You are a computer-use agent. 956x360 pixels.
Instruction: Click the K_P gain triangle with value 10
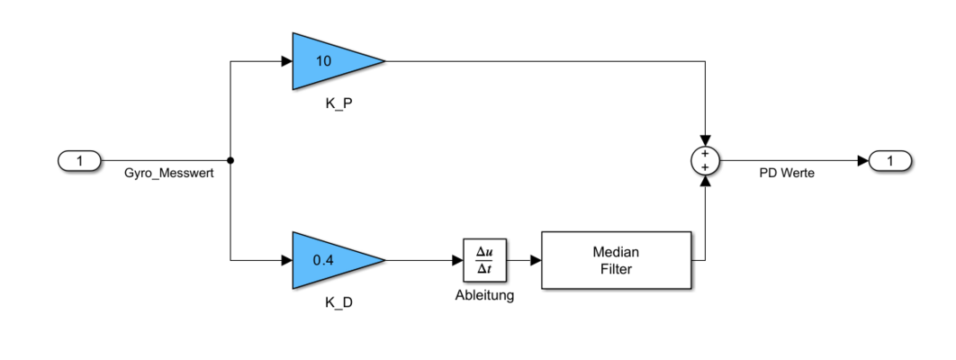[329, 61]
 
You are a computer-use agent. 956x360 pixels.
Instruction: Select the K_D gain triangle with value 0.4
[329, 260]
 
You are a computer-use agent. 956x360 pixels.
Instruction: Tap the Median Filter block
[616, 260]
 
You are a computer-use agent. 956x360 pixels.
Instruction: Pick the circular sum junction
[705, 161]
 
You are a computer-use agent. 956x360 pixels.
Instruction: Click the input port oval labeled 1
[80, 161]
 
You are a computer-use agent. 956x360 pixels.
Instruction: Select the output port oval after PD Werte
[889, 161]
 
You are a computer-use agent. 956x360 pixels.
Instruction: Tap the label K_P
[338, 103]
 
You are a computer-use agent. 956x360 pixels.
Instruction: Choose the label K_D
[338, 302]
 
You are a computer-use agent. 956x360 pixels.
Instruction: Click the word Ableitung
[484, 295]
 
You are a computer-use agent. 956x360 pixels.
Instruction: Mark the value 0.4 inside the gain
[322, 260]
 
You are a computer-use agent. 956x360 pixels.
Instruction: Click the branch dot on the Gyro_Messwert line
[231, 161]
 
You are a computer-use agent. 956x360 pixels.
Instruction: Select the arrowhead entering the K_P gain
[286, 61]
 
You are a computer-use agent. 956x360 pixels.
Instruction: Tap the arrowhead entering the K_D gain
[286, 260]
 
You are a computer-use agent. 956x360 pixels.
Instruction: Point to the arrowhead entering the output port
[861, 161]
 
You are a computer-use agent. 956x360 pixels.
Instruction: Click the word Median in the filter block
[616, 252]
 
